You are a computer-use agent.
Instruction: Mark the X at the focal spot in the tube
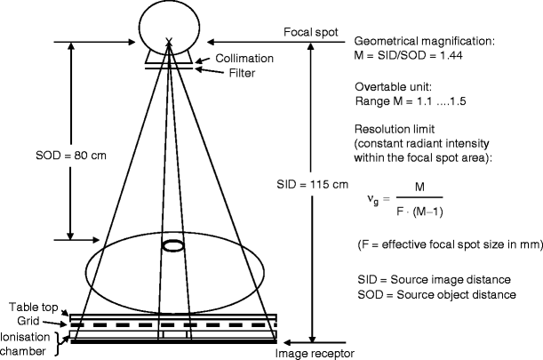tap(169, 41)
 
